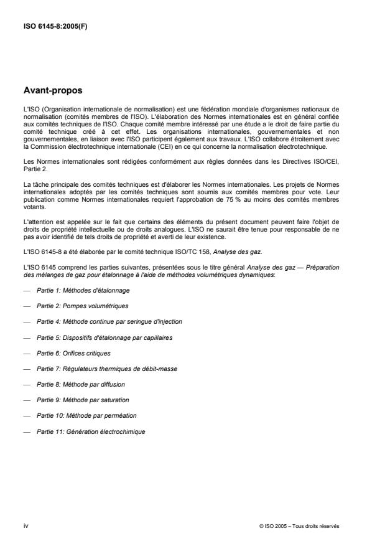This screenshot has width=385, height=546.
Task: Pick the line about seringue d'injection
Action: [x=109, y=322]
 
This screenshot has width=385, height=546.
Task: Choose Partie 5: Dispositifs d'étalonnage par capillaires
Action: [x=104, y=337]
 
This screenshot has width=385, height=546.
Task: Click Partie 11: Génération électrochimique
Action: [x=91, y=430]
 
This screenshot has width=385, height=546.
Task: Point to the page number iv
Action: [x=26, y=525]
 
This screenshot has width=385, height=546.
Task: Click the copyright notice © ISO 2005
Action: [x=299, y=526]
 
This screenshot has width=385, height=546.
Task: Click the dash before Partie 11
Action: [x=26, y=430]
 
